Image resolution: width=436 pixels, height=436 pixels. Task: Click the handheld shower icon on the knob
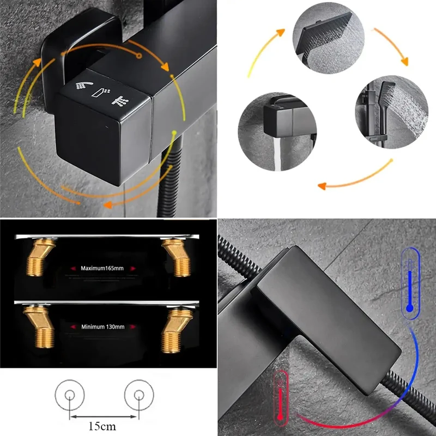click(x=84, y=86)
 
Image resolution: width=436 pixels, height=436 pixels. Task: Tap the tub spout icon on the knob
click(x=101, y=92)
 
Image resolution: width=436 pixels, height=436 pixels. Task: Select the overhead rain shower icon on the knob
click(x=120, y=101)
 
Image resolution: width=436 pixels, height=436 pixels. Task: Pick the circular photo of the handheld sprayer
click(x=391, y=112)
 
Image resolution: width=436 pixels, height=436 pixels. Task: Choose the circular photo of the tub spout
click(x=277, y=132)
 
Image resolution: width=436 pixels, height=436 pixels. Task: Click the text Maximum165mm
click(x=102, y=268)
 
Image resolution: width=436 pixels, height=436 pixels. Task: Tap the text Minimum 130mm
click(x=102, y=326)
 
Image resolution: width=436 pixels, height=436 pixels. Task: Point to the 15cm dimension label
click(x=102, y=426)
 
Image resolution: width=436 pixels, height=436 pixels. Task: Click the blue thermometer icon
click(x=410, y=283)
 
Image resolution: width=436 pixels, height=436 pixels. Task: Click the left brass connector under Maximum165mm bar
click(x=39, y=257)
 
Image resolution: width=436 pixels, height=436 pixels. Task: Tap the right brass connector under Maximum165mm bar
click(x=177, y=257)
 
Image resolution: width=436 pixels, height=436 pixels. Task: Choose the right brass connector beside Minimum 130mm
click(x=176, y=330)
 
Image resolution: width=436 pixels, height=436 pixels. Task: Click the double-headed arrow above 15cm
click(x=103, y=416)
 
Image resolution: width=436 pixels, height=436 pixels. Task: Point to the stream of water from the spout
click(x=277, y=154)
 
